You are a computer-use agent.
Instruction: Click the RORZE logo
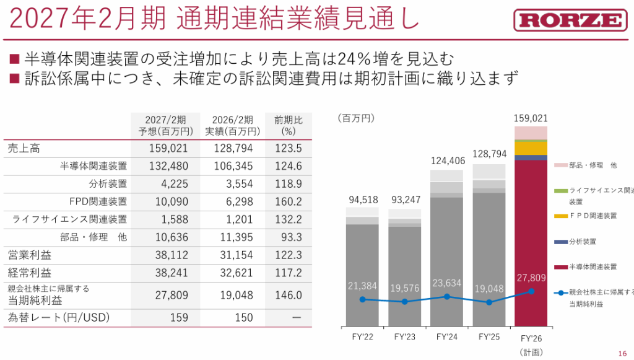click(570, 20)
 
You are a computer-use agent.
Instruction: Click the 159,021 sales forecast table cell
click(168, 149)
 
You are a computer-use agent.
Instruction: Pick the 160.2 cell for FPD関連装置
click(288, 201)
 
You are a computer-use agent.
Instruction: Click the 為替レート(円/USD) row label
click(59, 318)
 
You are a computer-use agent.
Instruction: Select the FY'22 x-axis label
click(362, 338)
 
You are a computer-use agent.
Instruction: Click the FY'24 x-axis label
click(446, 338)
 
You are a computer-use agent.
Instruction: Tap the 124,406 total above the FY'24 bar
click(446, 162)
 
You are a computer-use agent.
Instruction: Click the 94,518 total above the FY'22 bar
click(362, 200)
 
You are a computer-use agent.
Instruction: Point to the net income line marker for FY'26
click(531, 291)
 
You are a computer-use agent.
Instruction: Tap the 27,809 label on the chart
click(531, 278)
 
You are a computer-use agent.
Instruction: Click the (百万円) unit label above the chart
click(356, 118)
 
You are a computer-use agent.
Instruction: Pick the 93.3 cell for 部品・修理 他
click(288, 237)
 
